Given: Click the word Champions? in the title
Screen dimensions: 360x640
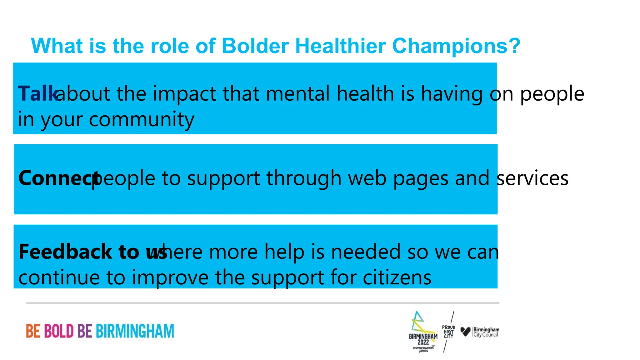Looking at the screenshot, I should coord(456,46).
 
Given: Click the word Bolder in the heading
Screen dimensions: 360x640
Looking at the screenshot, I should coord(255,46).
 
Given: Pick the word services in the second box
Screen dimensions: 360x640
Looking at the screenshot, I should coord(532,178).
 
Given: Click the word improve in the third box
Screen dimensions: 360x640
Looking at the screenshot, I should coord(170,277).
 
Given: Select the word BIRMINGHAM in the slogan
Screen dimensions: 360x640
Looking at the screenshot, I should coord(135,331).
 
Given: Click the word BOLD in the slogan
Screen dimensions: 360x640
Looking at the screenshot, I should coord(59,331).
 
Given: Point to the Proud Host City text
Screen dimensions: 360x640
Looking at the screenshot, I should coord(448,332).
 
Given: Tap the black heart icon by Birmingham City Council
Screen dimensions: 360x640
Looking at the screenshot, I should coord(465,331).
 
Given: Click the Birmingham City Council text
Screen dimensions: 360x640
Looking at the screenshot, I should coord(486,332).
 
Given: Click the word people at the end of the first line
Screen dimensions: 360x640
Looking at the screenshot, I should coord(552,93).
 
